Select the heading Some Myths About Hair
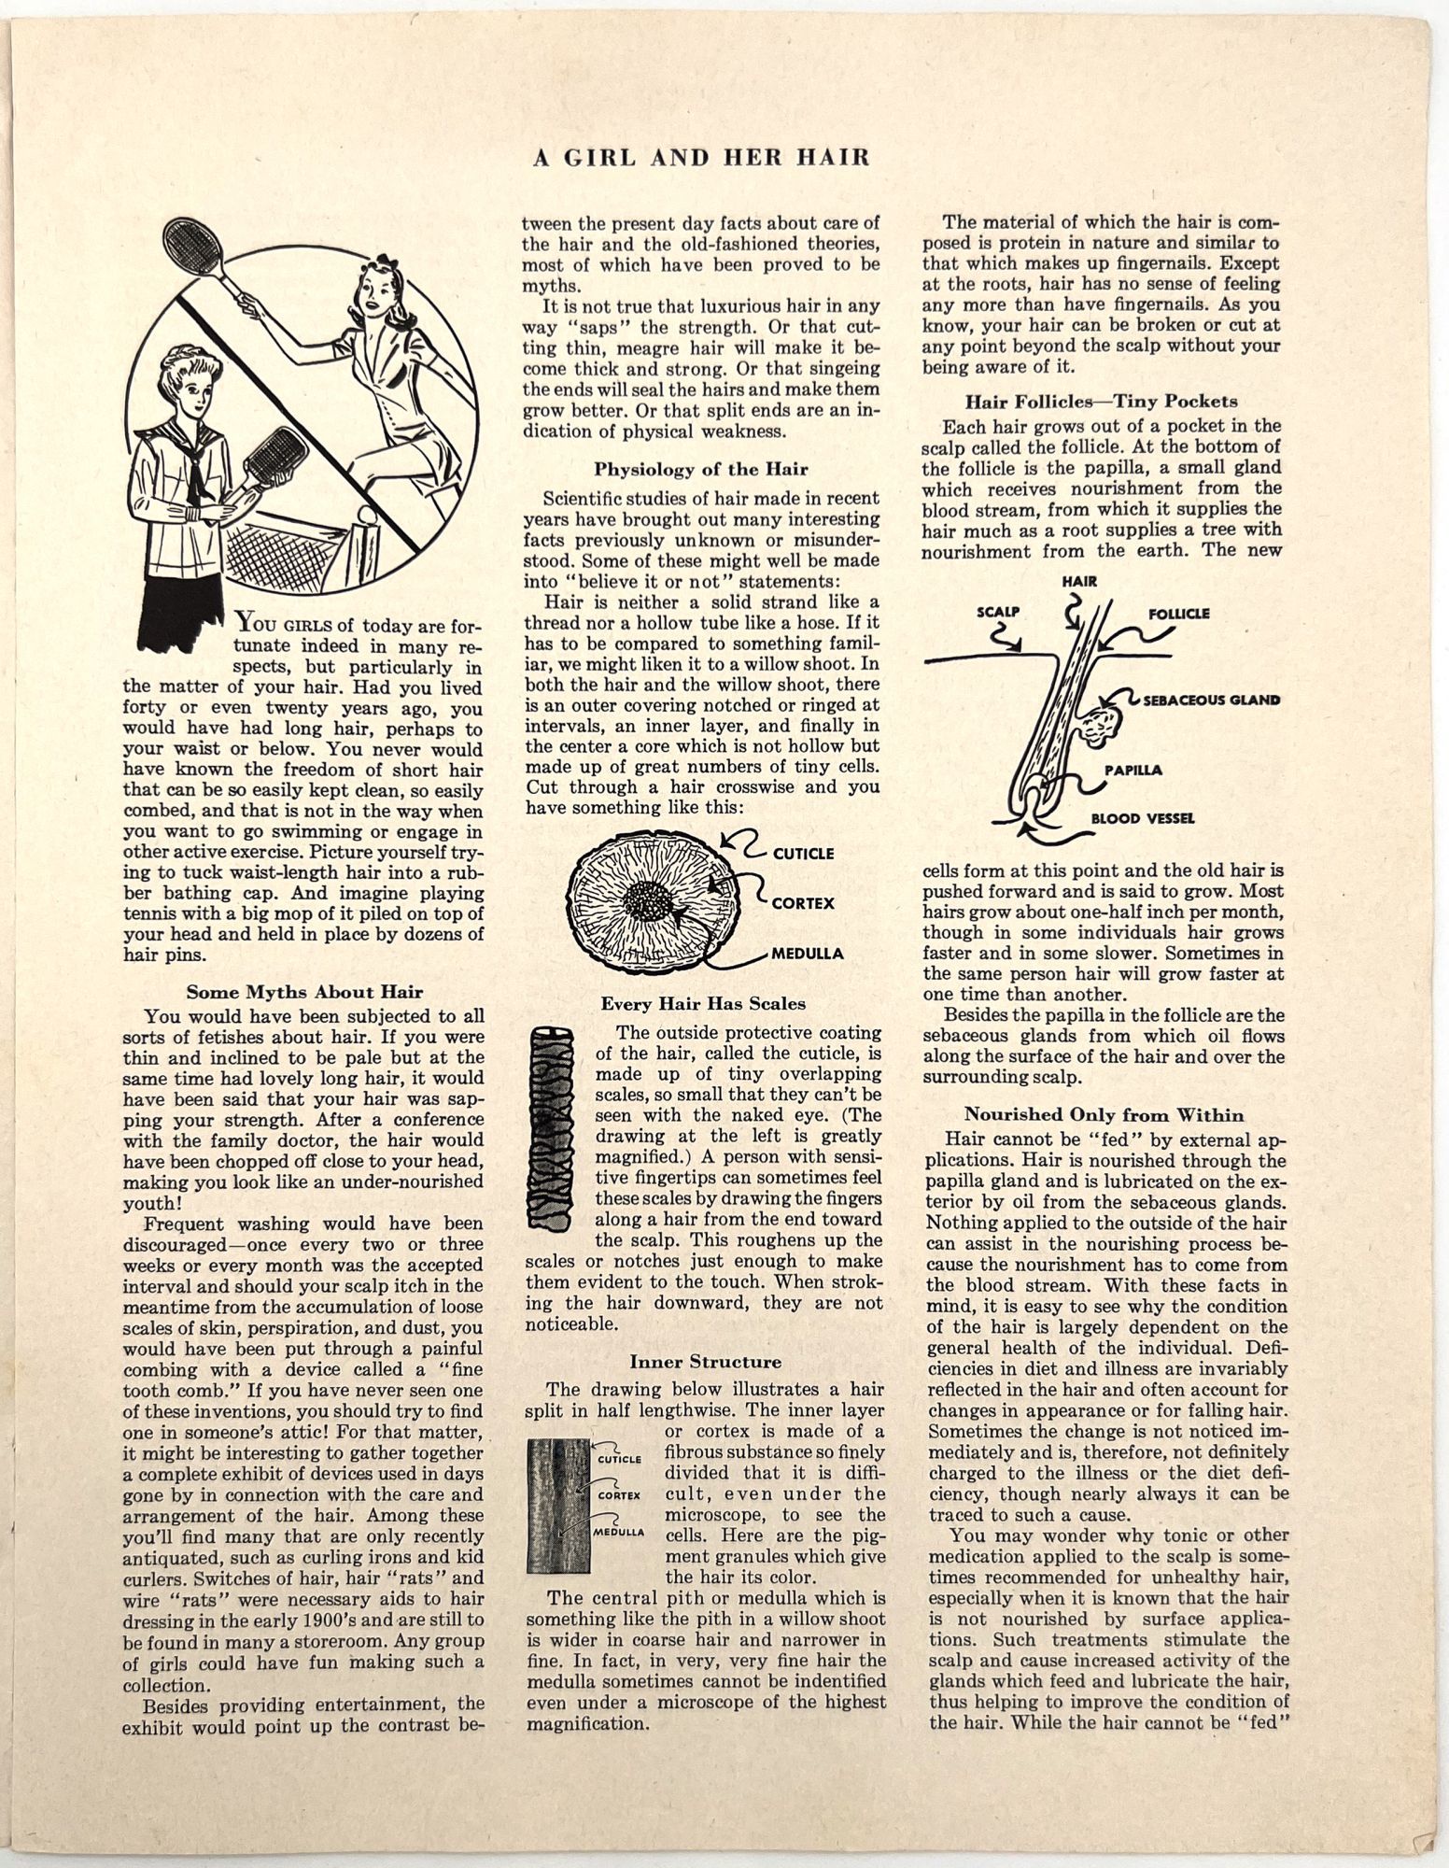pos(304,992)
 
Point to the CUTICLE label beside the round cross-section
pos(803,853)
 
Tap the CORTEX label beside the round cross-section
pos(803,903)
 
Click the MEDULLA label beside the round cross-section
pos(807,954)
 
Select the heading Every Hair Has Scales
pos(703,1004)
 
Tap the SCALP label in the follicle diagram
pos(996,614)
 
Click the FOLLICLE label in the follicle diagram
pos(1178,614)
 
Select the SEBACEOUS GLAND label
pos(1211,700)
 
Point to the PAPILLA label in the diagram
pos(1133,771)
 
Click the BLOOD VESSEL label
pos(1143,818)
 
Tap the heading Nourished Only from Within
pos(1104,1114)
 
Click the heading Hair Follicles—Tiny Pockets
pos(1102,402)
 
